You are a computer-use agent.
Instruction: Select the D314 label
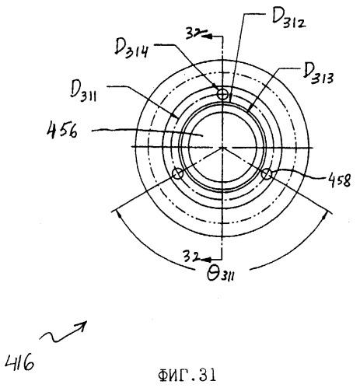132,49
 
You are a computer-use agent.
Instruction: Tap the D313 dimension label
318,74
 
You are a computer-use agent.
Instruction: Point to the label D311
83,91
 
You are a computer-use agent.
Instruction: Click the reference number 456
62,130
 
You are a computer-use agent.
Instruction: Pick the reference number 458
339,180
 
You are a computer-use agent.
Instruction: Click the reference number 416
19,362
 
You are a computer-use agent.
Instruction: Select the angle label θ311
221,274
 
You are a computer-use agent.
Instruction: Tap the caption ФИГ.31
187,375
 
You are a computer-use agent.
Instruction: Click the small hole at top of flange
222,94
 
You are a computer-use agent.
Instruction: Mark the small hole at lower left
178,173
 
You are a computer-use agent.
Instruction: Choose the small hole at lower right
267,174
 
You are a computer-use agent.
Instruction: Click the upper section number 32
194,33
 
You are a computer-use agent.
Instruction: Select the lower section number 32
191,256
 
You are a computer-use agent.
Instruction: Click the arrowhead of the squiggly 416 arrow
84,323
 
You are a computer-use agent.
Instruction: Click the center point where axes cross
222,147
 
